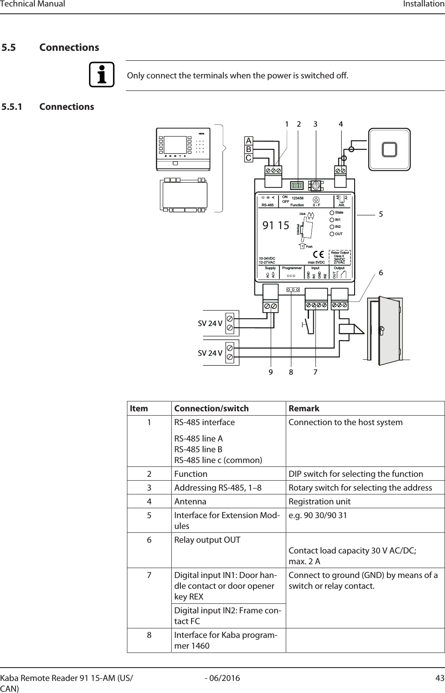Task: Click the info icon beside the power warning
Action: click(x=102, y=75)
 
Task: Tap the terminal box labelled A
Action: click(x=249, y=141)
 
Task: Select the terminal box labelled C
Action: click(x=249, y=158)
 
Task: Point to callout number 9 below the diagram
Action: click(x=271, y=371)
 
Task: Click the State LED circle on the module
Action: click(x=331, y=213)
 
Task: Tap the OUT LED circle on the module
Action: click(x=331, y=234)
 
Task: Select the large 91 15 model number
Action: click(x=276, y=224)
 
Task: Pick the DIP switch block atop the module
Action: click(x=297, y=186)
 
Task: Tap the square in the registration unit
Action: click(x=389, y=149)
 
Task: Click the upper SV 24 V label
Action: click(x=210, y=323)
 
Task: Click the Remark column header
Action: click(x=304, y=408)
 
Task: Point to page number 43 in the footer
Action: click(x=439, y=678)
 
